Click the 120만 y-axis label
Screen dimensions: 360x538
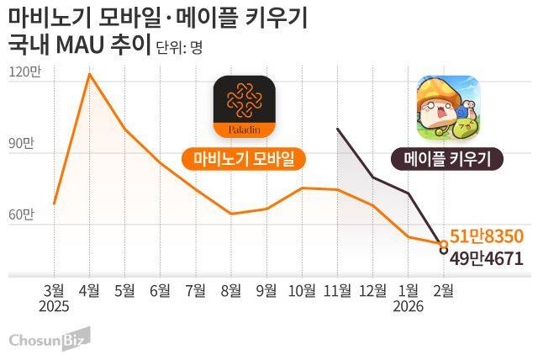tap(24, 72)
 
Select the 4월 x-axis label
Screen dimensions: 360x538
tap(89, 291)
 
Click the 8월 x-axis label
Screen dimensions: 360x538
tap(231, 291)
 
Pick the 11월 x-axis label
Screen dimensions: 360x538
tap(336, 291)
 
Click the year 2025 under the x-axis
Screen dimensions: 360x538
tap(54, 308)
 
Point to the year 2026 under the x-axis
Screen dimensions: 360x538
tap(408, 308)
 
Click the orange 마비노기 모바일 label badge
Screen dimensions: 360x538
tap(244, 159)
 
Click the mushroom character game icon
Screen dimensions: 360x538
tap(448, 108)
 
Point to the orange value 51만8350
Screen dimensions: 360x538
tap(487, 236)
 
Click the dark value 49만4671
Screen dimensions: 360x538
tap(488, 257)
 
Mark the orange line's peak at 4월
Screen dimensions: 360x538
tap(89, 74)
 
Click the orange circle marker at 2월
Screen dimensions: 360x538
tap(443, 244)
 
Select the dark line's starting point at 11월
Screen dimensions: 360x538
tap(337, 129)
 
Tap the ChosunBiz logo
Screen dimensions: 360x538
tap(48, 340)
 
